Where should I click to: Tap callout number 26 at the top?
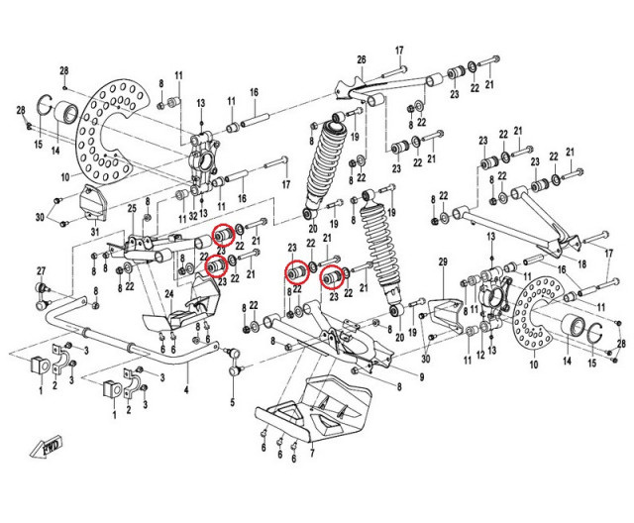coord(362,59)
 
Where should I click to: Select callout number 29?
coord(443,261)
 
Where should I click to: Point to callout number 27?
coord(42,270)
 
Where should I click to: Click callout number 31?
coord(94,231)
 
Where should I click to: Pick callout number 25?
coord(130,208)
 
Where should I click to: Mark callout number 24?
coord(169,294)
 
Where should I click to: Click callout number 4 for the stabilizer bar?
coord(186,389)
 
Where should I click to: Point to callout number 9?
coord(421,378)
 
